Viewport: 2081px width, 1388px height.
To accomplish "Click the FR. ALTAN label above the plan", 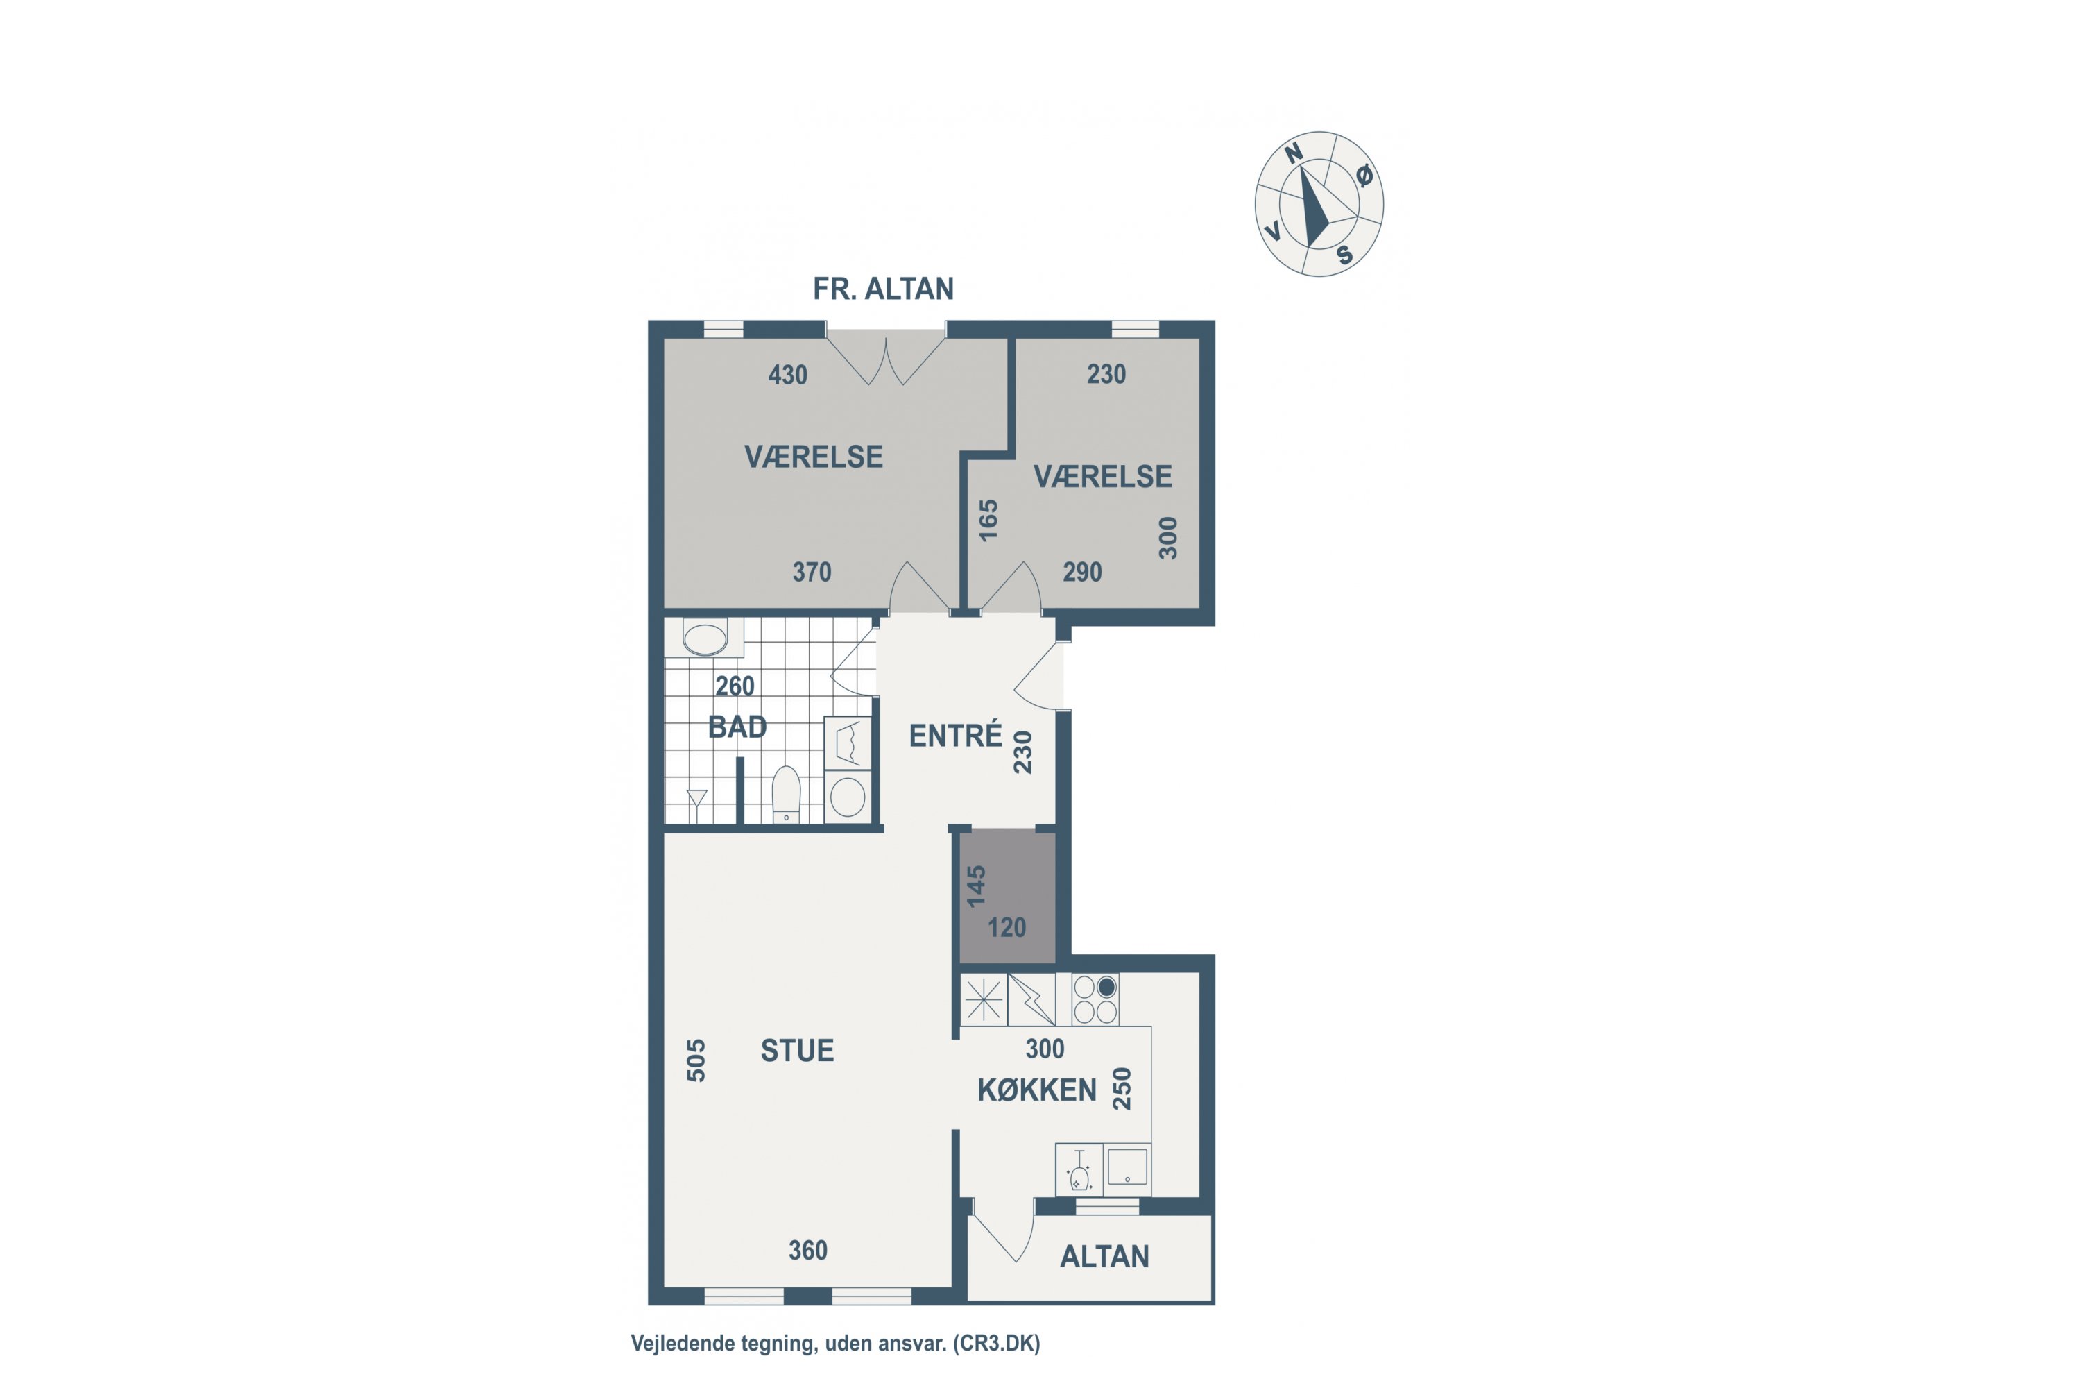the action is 883,289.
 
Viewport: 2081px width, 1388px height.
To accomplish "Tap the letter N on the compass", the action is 1294,153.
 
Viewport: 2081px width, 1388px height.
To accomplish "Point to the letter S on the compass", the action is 1345,255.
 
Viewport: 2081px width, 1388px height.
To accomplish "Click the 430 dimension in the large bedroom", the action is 787,375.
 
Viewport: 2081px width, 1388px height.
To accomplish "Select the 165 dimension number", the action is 988,520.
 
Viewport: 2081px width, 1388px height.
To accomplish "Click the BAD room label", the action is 737,727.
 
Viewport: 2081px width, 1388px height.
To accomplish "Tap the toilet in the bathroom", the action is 786,794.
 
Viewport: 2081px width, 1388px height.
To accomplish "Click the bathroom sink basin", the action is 705,637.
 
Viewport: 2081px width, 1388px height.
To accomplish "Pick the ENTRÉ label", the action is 956,735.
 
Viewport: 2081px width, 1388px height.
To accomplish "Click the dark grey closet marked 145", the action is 1008,897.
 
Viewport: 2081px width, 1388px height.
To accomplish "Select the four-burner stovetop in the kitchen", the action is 1095,999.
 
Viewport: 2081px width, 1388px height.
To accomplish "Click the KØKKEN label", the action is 1037,1090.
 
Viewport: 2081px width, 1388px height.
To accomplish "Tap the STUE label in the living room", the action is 797,1050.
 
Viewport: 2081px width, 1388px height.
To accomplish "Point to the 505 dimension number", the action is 696,1060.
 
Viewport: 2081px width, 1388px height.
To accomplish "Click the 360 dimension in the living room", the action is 808,1250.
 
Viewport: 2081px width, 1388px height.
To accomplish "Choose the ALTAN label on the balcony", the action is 1104,1256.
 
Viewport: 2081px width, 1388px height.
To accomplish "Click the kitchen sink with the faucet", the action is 1079,1169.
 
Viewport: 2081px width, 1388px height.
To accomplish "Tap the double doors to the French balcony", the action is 886,359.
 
